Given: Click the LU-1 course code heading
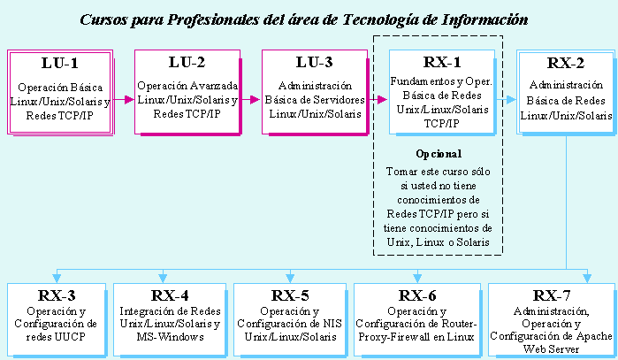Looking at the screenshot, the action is (x=60, y=63).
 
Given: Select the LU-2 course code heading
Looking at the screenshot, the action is (x=187, y=62).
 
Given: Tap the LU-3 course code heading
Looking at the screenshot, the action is (x=315, y=62).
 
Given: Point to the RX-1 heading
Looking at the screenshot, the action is (x=442, y=62).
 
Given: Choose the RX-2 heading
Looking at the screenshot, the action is (x=566, y=63).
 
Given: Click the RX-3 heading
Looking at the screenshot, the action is (x=57, y=295).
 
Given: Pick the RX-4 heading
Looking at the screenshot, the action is (x=170, y=295).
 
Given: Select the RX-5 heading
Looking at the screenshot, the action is (x=290, y=295).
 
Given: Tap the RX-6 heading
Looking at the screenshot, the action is (x=417, y=295).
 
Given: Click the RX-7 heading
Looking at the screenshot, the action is (x=552, y=295).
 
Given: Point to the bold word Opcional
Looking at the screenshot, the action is (x=439, y=154).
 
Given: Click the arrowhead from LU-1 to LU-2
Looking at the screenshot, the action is (x=129, y=100).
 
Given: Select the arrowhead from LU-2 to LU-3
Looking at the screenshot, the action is (x=255, y=100).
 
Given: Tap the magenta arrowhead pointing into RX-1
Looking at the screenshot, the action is (x=382, y=100).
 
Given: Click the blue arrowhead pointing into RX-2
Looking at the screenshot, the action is (x=511, y=100).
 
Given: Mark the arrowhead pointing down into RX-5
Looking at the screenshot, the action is (x=290, y=278).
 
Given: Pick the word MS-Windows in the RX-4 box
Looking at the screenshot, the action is (x=171, y=337).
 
